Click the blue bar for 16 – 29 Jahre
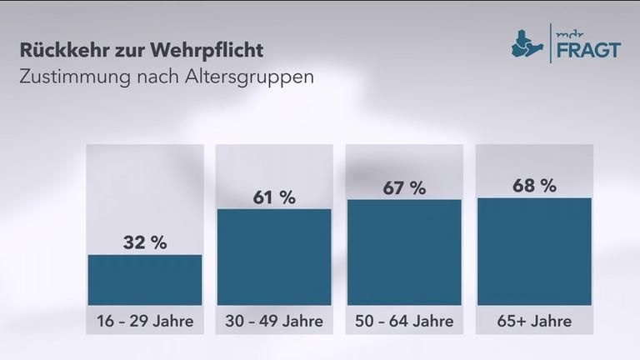click(x=144, y=280)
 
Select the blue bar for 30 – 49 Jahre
click(x=274, y=257)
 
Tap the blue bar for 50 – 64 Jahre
click(x=403, y=252)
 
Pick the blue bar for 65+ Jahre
click(x=533, y=252)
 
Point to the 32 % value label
click(x=145, y=243)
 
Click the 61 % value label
click(x=274, y=197)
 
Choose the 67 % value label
click(x=404, y=187)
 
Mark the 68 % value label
click(x=534, y=186)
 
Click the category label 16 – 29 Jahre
click(x=144, y=320)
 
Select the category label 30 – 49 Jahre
click(x=274, y=320)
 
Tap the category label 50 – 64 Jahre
click(x=404, y=320)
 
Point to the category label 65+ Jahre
click(x=534, y=320)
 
